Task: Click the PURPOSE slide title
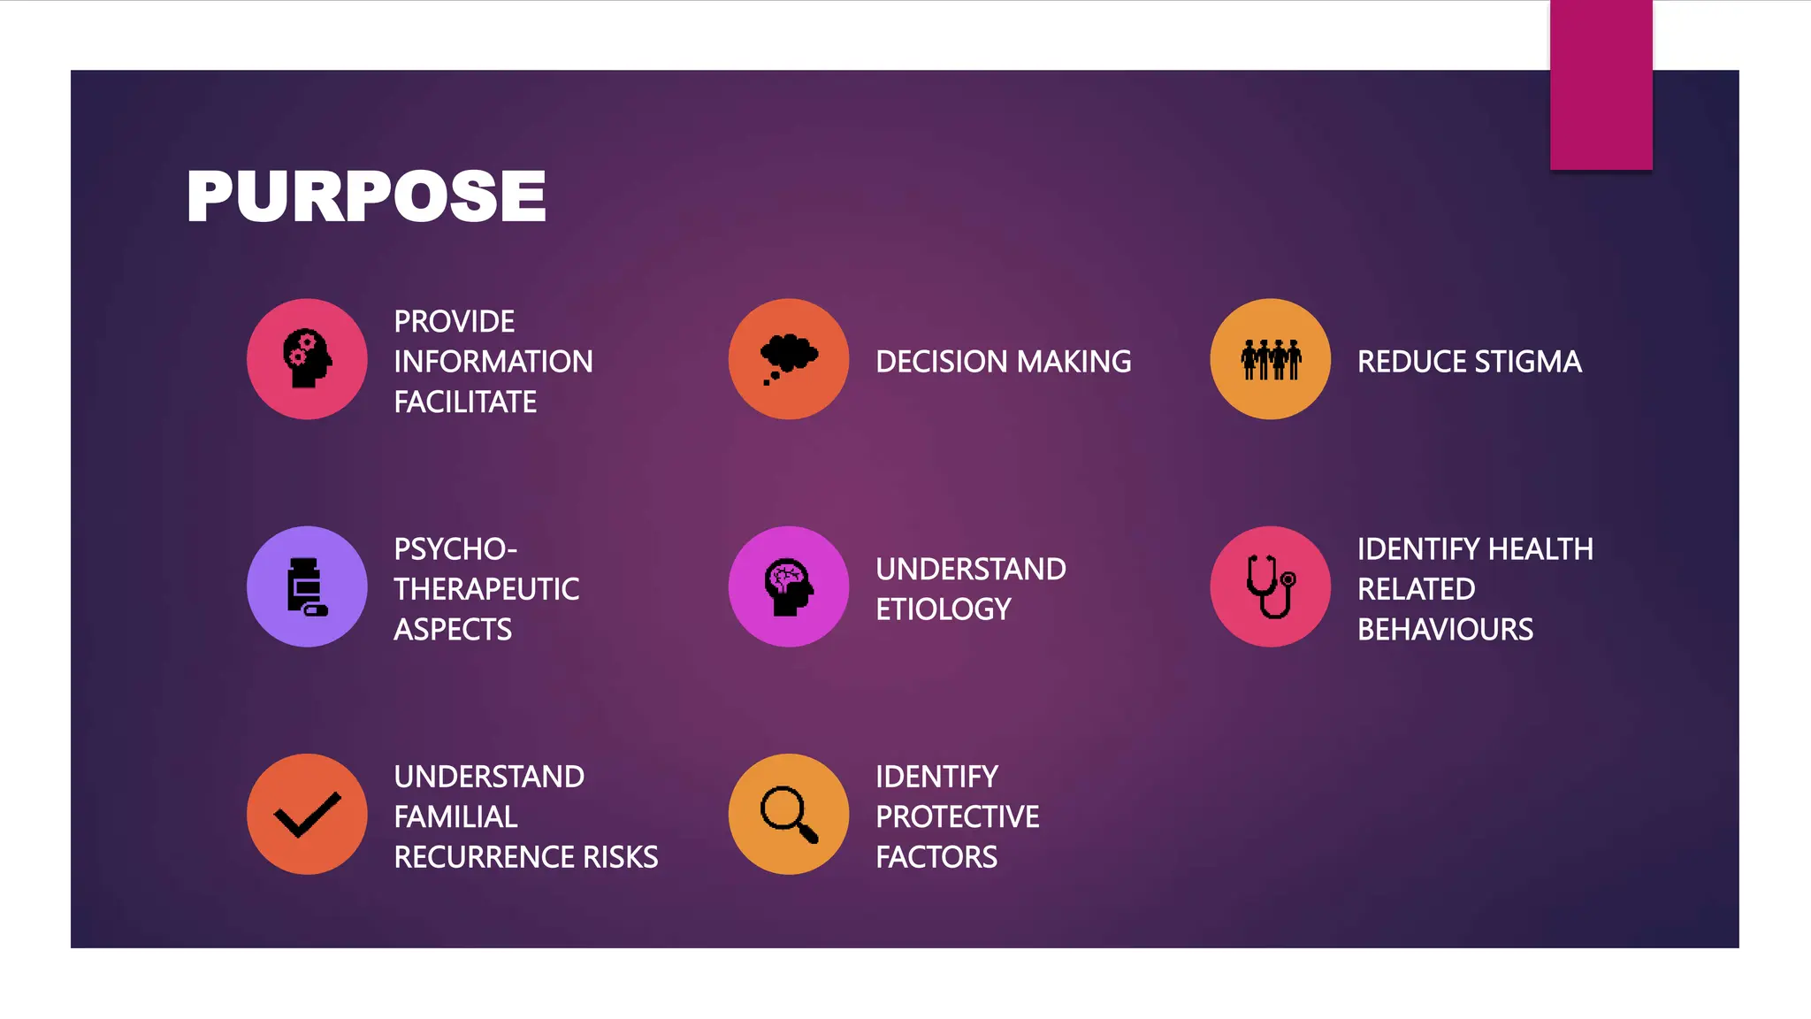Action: (366, 196)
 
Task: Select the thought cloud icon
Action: (789, 357)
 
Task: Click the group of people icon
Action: (1271, 359)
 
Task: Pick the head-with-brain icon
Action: (788, 586)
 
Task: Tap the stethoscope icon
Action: (1271, 586)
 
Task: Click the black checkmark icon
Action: (307, 814)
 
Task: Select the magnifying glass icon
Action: (789, 814)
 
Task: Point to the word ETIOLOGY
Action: (944, 609)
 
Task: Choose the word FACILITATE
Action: (465, 402)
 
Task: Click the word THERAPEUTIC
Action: (486, 589)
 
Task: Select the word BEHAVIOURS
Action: (1445, 630)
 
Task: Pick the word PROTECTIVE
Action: (958, 816)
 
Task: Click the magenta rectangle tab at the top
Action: (1601, 84)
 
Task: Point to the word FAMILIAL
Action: (455, 816)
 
